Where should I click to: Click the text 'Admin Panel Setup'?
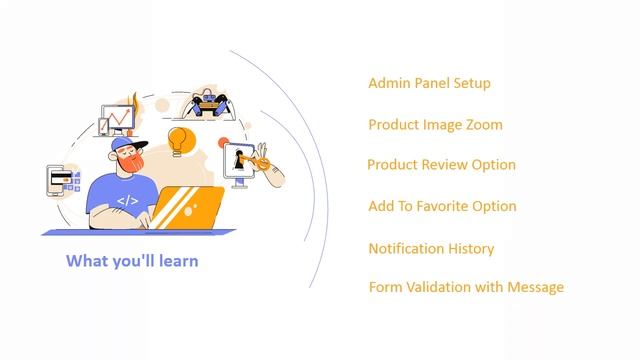429,83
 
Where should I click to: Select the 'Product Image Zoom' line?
435,125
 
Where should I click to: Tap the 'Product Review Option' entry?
441,164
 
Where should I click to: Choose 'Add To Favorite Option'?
442,206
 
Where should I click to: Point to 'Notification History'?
431,248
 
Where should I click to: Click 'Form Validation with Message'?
466,287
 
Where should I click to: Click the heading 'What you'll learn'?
132,260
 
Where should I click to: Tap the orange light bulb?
179,138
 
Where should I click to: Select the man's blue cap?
124,145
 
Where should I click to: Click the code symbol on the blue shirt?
127,201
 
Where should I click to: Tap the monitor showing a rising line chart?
118,119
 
